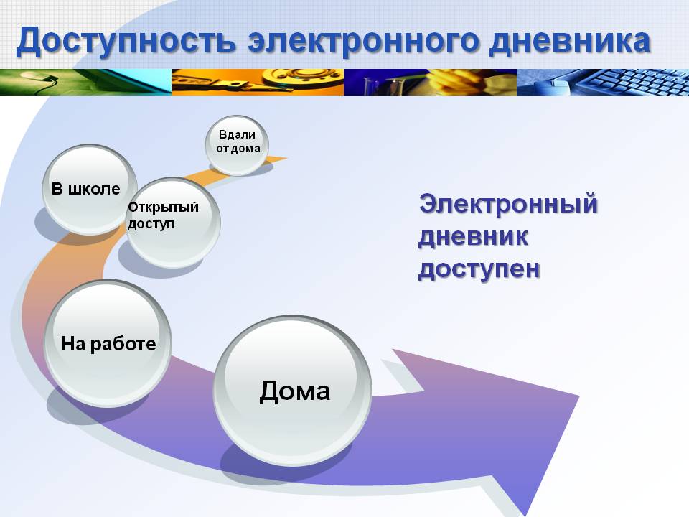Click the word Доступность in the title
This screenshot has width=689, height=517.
pos(126,42)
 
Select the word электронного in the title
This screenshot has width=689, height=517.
pos(362,42)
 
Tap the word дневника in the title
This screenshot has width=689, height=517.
pos(570,42)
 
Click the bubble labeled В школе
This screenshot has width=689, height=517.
pos(90,190)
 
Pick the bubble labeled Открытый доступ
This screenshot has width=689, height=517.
pos(173,223)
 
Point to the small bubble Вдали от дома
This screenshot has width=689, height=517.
pos(237,144)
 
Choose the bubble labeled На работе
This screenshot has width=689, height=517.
pos(108,343)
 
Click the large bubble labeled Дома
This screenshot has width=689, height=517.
pos(293,391)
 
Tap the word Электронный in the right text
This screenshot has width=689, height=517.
pos(508,205)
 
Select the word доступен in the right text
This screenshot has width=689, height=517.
pos(479,269)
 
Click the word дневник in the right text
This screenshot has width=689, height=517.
pos(473,236)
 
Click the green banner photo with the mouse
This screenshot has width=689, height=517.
pos(85,82)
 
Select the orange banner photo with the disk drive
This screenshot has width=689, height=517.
pos(258,82)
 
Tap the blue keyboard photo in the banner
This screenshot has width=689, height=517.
pos(603,82)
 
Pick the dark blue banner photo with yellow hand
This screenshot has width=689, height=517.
pos(430,82)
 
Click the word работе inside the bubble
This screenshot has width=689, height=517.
pos(123,344)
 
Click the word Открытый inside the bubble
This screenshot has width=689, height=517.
pos(163,207)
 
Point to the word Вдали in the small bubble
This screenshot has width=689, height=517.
pos(237,134)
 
